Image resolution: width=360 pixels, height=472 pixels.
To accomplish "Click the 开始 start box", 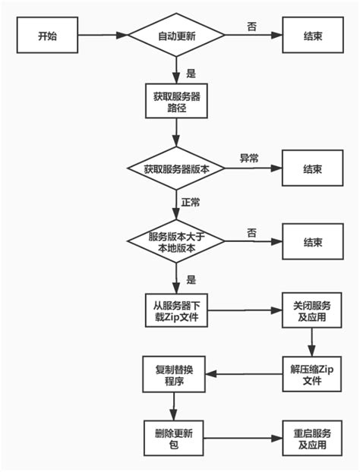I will [46, 35].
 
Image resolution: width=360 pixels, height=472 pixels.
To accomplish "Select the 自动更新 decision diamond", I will [175, 35].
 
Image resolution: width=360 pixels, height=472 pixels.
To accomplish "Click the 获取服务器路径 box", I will [175, 102].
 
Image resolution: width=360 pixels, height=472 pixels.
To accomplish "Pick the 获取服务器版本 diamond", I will [175, 169].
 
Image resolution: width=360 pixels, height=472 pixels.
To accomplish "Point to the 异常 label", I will [249, 159].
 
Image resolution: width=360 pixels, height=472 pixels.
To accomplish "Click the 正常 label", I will [191, 203].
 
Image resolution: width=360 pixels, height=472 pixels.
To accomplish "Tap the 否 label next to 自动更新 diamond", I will [251, 26].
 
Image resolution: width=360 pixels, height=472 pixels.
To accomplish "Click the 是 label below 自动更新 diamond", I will [191, 74].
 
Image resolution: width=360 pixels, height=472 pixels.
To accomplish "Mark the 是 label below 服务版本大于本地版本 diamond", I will [191, 279].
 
